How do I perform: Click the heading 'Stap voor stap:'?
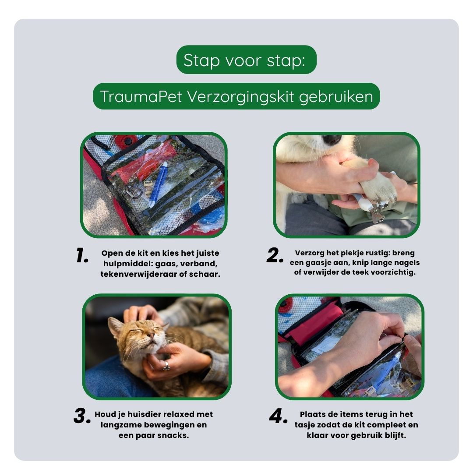[x=244, y=60]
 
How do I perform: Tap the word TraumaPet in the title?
[x=141, y=96]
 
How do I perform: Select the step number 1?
[x=82, y=255]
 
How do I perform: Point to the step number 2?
[x=275, y=255]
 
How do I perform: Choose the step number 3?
[x=82, y=417]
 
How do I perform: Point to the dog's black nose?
[x=332, y=139]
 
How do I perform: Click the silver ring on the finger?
[x=166, y=366]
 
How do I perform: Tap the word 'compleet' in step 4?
[x=385, y=425]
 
